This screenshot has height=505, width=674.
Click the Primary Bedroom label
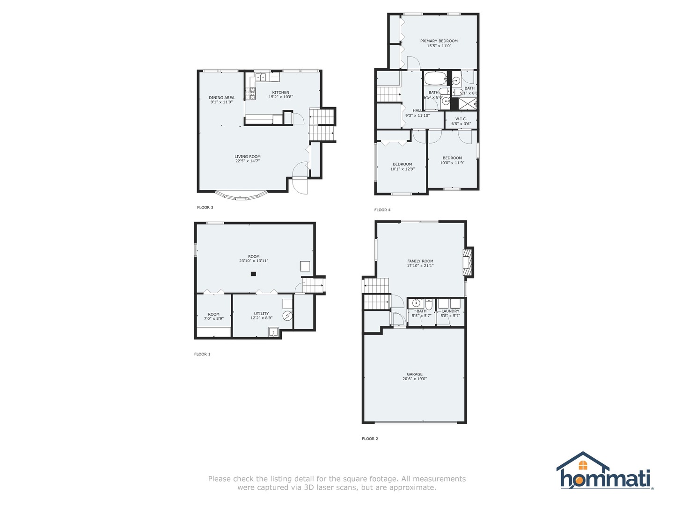(x=439, y=41)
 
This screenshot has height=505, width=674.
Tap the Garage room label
(x=415, y=374)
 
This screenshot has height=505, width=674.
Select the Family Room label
(x=420, y=261)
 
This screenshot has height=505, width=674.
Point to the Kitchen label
(x=281, y=93)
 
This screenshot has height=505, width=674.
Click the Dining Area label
(x=221, y=98)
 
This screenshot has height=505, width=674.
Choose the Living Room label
(x=248, y=157)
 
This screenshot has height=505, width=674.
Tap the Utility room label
(x=261, y=314)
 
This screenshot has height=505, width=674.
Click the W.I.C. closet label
(x=461, y=119)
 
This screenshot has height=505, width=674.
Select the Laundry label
(x=450, y=311)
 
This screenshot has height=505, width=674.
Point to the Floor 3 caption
(x=205, y=208)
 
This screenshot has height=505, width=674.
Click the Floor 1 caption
(x=202, y=354)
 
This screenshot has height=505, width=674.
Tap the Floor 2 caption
(x=370, y=439)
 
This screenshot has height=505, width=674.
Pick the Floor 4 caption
(x=382, y=210)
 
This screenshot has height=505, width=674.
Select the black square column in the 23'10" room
(x=253, y=274)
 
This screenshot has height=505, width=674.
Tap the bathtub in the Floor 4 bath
(x=436, y=78)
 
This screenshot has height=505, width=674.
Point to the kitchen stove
(x=253, y=94)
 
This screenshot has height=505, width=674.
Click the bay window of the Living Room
(x=241, y=196)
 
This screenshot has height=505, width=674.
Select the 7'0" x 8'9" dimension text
(x=214, y=318)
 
